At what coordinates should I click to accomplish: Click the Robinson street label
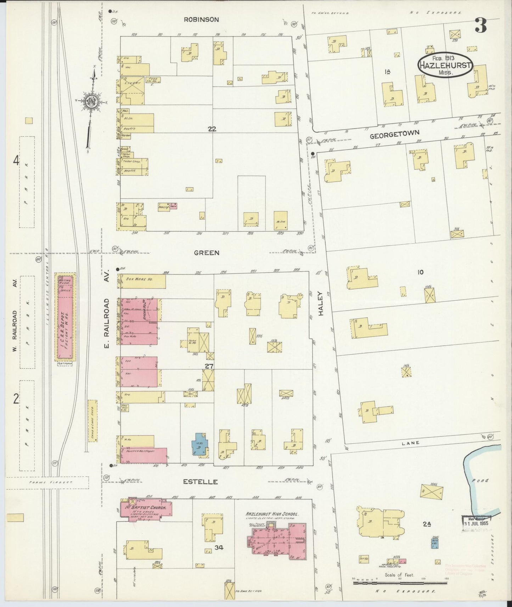(201, 20)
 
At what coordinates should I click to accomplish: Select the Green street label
(206, 253)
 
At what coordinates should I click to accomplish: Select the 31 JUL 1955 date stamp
(480, 522)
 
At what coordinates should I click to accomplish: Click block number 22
(212, 129)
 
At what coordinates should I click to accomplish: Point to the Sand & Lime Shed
(92, 421)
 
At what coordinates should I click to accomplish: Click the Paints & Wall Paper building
(144, 455)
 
